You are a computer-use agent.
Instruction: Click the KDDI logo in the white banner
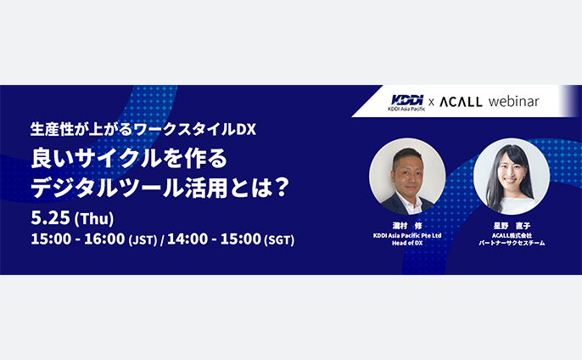(x=407, y=100)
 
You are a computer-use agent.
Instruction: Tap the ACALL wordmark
(x=461, y=102)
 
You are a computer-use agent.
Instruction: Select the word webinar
(x=514, y=101)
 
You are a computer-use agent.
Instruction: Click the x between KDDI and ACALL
(x=431, y=102)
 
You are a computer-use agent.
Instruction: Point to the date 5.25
(x=50, y=217)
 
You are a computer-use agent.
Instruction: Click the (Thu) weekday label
(x=94, y=219)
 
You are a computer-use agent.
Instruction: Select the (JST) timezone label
(x=143, y=240)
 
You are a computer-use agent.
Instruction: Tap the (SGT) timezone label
(x=279, y=240)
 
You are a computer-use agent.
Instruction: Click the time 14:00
(x=187, y=239)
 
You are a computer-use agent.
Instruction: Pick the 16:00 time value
(x=104, y=239)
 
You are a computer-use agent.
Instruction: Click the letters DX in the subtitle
(x=246, y=129)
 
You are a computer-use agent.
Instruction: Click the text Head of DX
(x=407, y=243)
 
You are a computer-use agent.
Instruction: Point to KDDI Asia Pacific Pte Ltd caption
(x=407, y=235)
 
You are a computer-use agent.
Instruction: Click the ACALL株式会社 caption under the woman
(x=512, y=235)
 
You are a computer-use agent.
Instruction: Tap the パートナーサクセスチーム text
(x=512, y=243)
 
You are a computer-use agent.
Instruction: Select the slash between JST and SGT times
(x=162, y=240)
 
